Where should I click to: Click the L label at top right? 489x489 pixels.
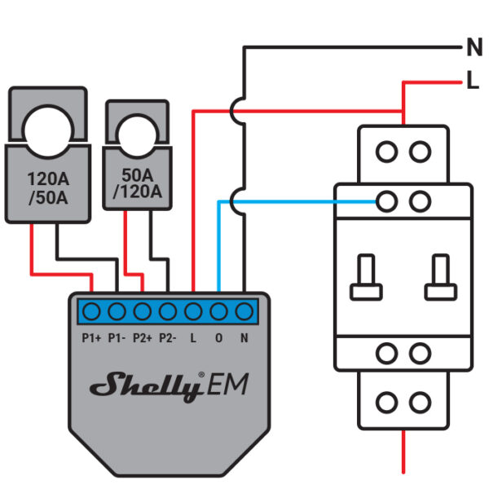474,81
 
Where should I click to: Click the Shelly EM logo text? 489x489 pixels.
168,385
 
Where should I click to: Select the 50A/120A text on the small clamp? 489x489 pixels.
136,183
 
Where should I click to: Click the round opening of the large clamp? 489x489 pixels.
47,126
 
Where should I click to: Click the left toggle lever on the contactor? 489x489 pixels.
363,277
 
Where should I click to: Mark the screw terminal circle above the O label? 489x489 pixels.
218,311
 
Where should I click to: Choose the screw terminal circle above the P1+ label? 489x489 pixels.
91,311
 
